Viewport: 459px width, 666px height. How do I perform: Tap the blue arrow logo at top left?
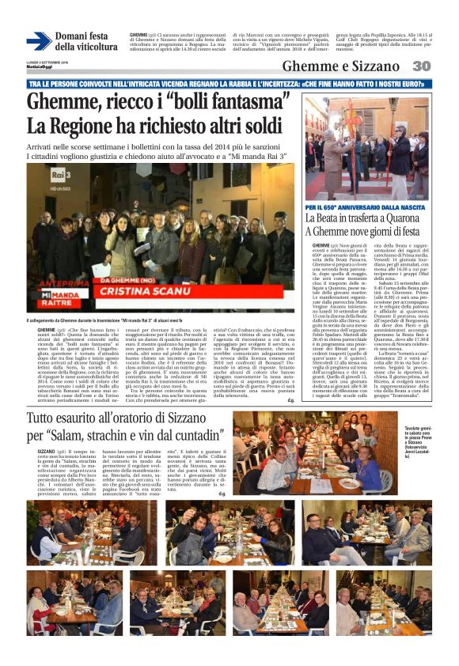(x=38, y=41)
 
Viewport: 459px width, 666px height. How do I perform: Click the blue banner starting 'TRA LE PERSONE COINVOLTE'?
(x=229, y=83)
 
